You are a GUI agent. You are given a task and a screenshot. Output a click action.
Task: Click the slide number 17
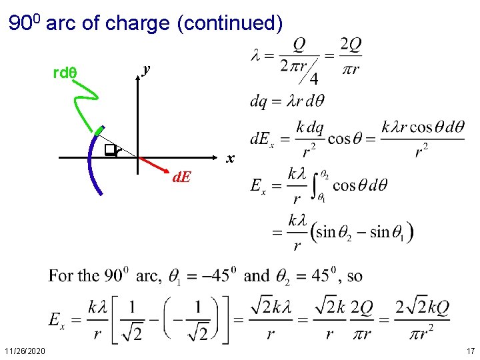[x=470, y=351]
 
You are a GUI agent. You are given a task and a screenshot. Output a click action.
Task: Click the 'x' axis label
[x=229, y=159]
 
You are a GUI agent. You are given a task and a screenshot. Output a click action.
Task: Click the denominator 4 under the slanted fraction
[x=313, y=79]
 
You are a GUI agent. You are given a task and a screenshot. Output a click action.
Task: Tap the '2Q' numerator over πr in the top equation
[x=351, y=45]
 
